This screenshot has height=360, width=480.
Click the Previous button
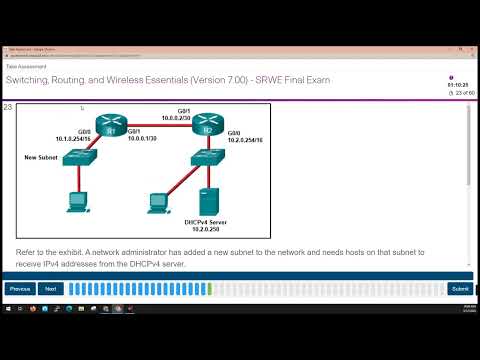point(19,288)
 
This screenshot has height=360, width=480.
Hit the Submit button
point(459,288)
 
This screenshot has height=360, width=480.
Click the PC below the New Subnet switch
point(76,200)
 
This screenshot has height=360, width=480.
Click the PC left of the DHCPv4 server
point(158,200)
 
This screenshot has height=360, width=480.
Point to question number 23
point(8,107)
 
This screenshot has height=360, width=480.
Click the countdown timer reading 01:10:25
point(457,85)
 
